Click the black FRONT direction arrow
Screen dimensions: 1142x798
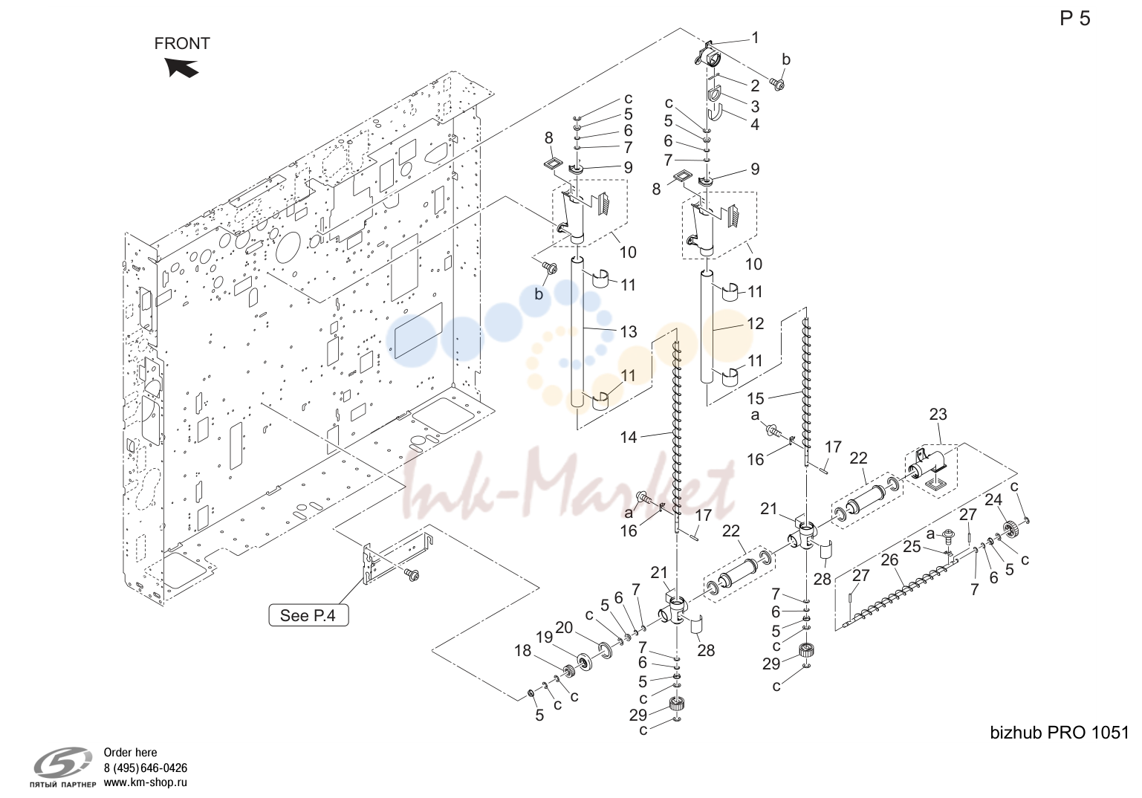coord(181,68)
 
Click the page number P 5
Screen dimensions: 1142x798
coord(1075,19)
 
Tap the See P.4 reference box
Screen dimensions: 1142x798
coord(308,615)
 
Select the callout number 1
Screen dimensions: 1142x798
coord(755,38)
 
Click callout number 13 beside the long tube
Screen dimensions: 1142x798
coord(629,332)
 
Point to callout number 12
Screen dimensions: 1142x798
coord(755,323)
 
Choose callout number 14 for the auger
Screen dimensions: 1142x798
coord(629,437)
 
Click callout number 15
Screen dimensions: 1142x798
coord(756,398)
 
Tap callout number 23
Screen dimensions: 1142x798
coord(938,415)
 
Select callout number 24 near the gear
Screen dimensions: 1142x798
coord(993,500)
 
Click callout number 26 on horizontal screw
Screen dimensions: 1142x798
coord(889,560)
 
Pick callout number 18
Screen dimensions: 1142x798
coord(522,651)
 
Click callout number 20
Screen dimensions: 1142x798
coord(564,628)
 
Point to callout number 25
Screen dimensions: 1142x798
coord(912,547)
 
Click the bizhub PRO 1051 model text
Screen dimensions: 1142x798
coord(1060,733)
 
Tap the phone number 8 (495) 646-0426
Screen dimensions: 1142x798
coord(146,768)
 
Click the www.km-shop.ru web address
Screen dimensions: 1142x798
coord(146,782)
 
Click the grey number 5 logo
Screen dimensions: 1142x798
coord(62,762)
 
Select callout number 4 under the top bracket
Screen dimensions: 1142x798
coord(755,124)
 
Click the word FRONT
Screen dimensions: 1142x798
coord(182,44)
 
